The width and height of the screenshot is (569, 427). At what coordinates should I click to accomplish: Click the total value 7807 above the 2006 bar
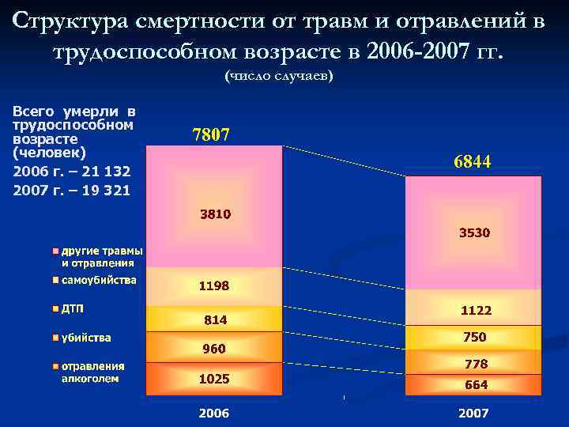coord(211,135)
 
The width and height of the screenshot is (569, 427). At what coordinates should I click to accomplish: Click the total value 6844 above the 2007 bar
coord(473,162)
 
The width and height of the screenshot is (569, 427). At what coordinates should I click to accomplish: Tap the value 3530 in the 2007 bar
coord(475,232)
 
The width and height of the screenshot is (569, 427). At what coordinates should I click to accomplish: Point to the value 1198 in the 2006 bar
coord(214,285)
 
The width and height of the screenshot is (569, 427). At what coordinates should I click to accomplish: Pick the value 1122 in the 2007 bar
coord(475,311)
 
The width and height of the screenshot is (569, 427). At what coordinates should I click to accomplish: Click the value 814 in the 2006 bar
coord(215,320)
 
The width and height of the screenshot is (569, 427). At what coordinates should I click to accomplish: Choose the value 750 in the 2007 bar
coord(475,337)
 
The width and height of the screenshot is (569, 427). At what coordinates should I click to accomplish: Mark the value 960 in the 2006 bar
coord(214,349)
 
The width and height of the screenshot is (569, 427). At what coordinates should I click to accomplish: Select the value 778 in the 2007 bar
coord(476,364)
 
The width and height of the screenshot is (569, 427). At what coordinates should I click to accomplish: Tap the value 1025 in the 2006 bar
coord(214,379)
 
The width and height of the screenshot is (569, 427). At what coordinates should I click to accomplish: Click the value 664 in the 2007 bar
coord(476,385)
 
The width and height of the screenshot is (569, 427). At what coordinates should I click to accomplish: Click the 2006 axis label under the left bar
coord(214,413)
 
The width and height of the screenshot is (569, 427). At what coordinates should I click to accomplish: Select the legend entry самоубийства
coord(99,280)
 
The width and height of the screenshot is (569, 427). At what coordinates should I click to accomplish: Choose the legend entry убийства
coord(86,338)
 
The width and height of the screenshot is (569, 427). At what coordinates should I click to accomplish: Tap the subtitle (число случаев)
coord(279,76)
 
